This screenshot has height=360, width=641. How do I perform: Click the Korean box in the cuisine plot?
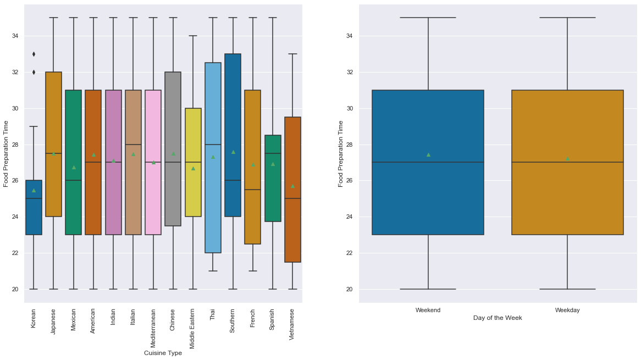click(34, 208)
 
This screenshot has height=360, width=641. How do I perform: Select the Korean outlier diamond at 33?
click(34, 54)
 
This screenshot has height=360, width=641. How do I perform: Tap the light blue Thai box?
click(213, 158)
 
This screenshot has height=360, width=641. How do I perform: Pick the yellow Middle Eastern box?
click(193, 162)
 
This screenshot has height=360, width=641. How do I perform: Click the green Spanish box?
click(273, 179)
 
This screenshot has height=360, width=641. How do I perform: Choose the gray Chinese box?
click(173, 148)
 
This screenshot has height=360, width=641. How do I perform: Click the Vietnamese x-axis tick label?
click(292, 324)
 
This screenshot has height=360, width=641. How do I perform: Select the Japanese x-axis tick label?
click(53, 322)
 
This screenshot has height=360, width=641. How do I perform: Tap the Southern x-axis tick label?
click(233, 322)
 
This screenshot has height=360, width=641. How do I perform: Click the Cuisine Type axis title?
click(163, 353)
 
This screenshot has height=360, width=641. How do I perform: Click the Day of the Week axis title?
click(498, 318)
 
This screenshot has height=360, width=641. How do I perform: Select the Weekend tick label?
click(428, 310)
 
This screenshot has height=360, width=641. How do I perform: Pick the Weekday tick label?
click(567, 310)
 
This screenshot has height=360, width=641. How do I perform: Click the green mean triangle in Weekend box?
click(428, 154)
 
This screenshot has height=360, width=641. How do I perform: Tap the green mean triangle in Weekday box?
click(567, 158)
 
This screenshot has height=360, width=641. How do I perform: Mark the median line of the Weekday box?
click(567, 162)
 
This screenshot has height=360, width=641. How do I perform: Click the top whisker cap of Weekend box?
click(428, 18)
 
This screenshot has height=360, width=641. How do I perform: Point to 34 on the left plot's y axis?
click(15, 36)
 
